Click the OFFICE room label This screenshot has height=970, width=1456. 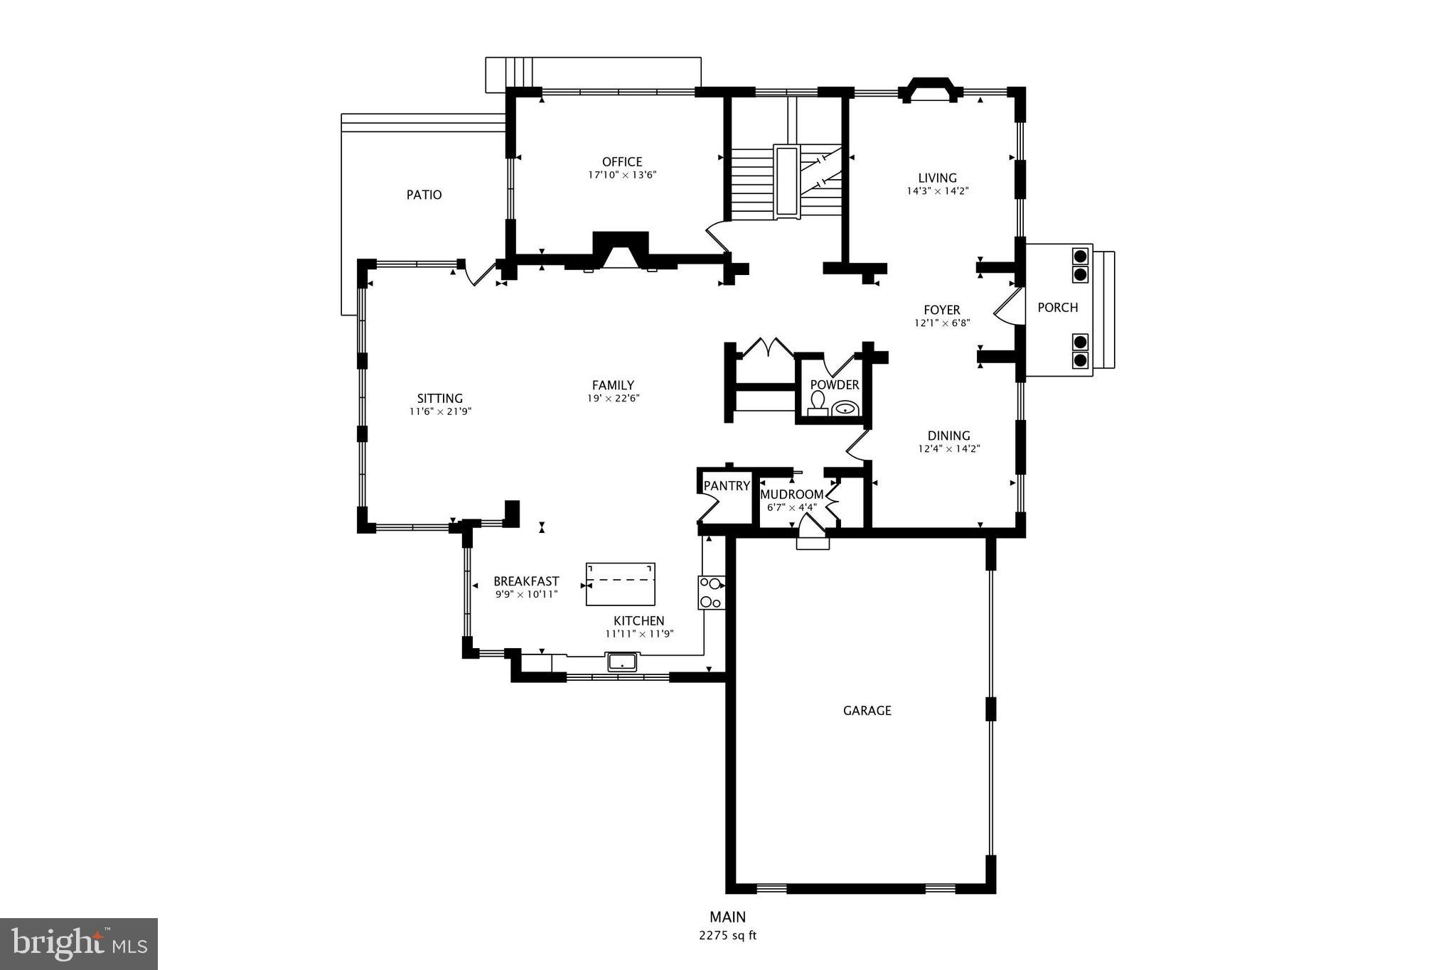coord(621,162)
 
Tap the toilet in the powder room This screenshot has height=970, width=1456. coord(818,404)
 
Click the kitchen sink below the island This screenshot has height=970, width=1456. coord(623,662)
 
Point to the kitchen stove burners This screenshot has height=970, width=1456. coord(711,593)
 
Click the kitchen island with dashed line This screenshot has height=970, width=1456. coord(620,584)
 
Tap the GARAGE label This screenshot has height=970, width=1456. coord(867,711)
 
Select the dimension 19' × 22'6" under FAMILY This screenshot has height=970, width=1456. coord(613,399)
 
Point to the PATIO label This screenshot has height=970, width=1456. coord(424,195)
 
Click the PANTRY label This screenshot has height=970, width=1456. coord(727,486)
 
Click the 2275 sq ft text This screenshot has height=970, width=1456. coord(727,936)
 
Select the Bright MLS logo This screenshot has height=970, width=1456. coord(78,944)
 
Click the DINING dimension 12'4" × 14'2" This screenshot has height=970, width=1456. coord(948,449)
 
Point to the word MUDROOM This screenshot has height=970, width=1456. coord(791,495)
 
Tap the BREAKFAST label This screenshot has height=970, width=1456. coord(526,581)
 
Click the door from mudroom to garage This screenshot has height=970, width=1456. coord(812,532)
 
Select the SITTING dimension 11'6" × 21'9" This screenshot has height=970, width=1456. coord(440,411)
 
